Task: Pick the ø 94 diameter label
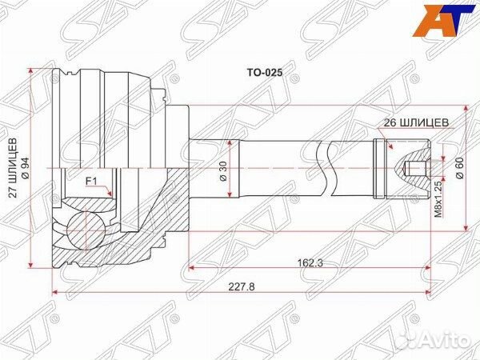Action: [26, 169]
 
